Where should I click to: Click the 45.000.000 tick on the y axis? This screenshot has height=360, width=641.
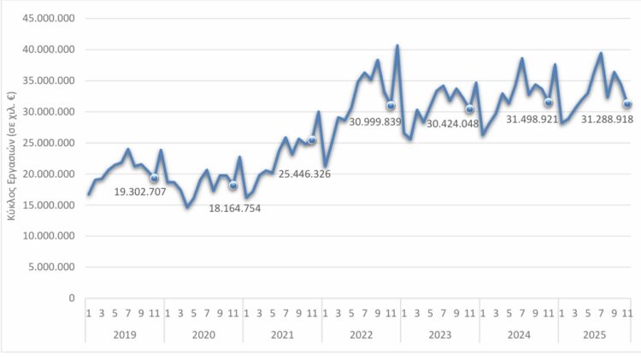click(x=49, y=19)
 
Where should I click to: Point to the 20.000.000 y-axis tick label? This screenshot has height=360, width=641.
click(x=49, y=174)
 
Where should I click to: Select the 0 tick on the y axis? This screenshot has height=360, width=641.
click(x=72, y=298)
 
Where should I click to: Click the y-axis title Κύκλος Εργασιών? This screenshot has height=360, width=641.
click(x=11, y=159)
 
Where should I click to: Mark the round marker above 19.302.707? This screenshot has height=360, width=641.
click(x=155, y=179)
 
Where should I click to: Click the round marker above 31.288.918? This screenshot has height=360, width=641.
click(x=627, y=104)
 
